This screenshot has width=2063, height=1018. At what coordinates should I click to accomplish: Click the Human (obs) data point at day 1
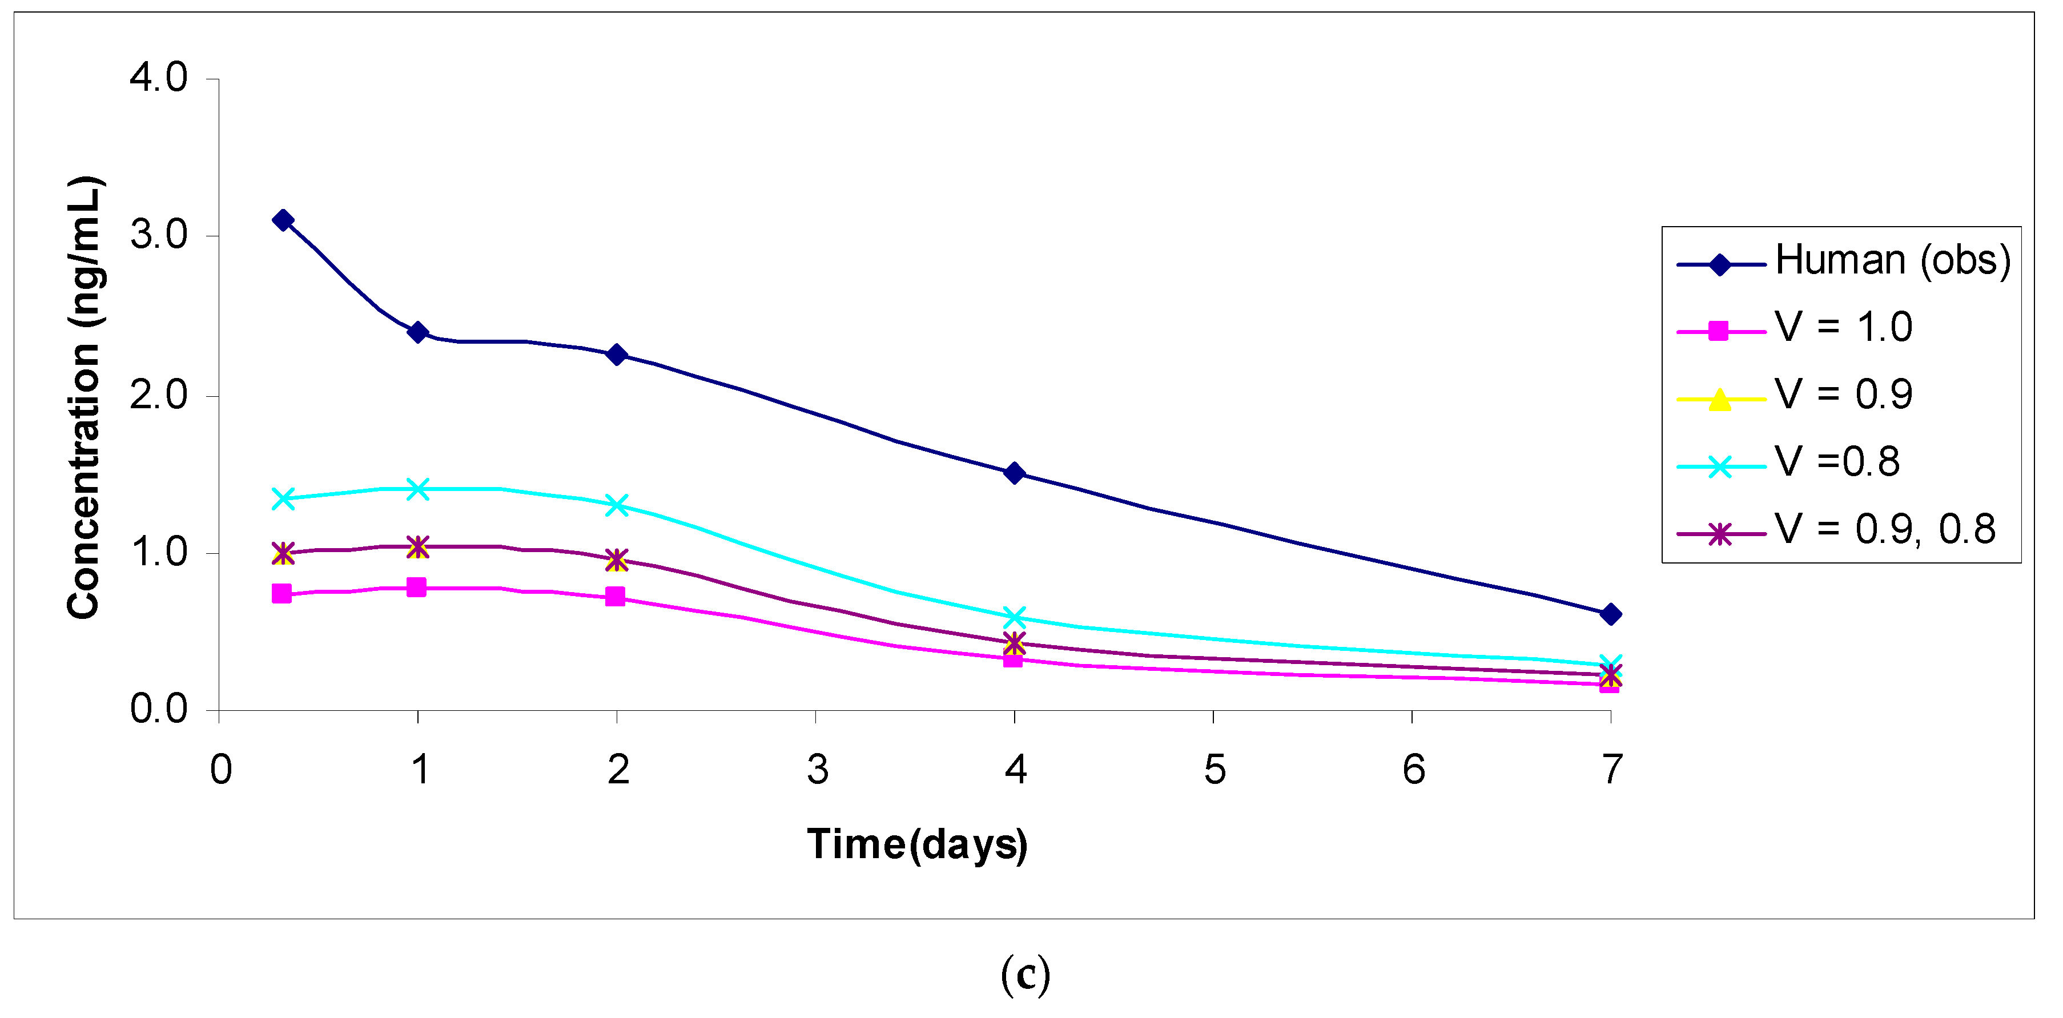point(417,332)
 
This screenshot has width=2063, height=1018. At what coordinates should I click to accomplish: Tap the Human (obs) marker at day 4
point(1014,473)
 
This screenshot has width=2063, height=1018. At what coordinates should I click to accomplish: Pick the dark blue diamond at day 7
point(1611,614)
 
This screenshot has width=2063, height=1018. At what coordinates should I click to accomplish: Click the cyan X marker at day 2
point(617,505)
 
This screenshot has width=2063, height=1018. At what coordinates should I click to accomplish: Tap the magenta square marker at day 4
point(1013,658)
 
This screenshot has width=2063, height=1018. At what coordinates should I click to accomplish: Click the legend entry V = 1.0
point(1843,328)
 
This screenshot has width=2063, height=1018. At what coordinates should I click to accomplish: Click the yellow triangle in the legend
point(1719,399)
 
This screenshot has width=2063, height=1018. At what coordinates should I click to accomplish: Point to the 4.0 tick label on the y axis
point(159,78)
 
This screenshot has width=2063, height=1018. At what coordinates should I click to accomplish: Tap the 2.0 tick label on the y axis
point(159,395)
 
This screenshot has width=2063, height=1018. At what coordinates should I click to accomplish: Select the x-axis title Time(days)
point(917,845)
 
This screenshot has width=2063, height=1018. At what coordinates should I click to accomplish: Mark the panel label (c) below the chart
point(1025,975)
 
